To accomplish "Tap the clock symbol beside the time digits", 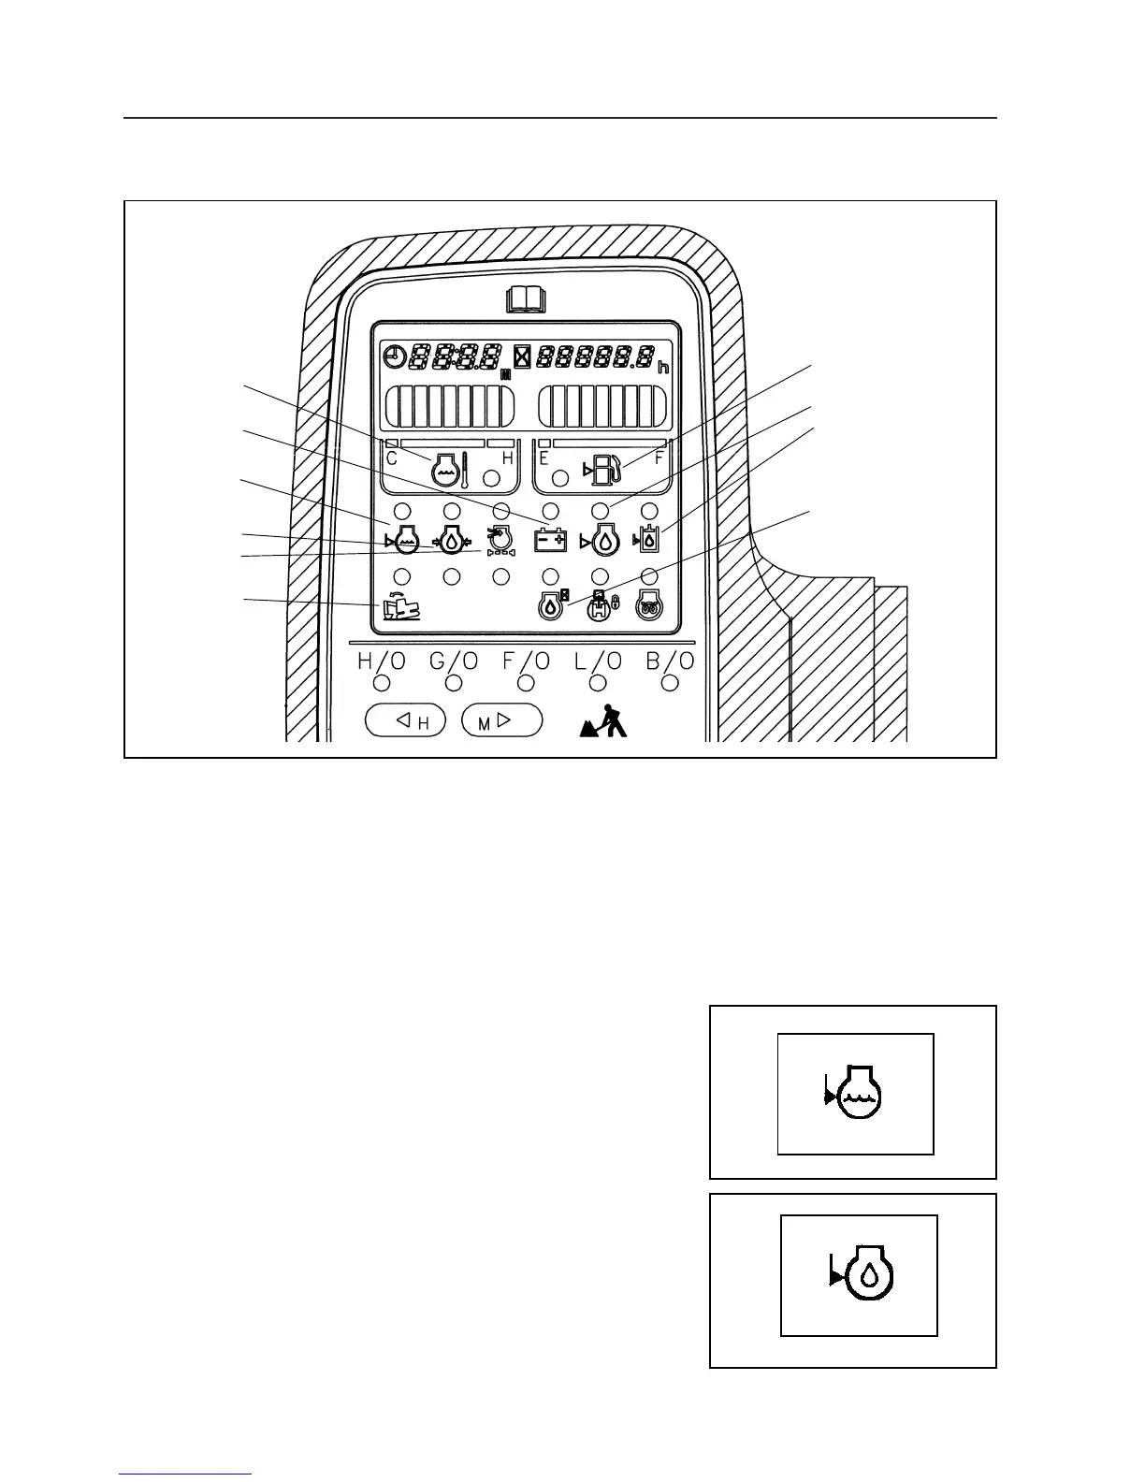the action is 397,356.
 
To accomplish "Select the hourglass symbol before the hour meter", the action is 522,356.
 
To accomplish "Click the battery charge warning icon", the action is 550,540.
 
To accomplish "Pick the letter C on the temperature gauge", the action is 392,458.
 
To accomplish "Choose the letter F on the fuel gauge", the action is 659,458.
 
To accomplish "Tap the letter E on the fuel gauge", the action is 544,458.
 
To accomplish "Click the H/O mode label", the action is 382,661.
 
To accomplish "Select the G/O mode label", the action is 454,661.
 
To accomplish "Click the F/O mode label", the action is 526,661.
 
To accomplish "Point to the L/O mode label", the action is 598,661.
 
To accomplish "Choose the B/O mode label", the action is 670,661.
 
